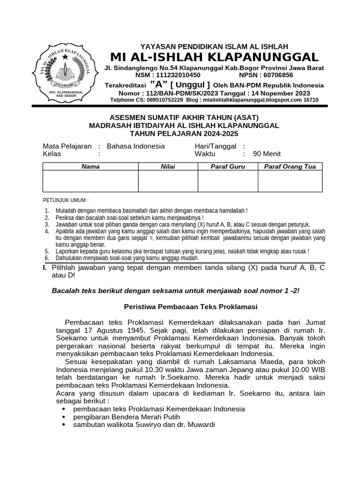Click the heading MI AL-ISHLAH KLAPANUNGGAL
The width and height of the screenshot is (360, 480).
(x=214, y=57)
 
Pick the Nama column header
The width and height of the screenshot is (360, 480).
(x=90, y=166)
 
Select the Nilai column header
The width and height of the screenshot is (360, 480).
(x=168, y=166)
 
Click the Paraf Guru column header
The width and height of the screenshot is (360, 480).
(x=228, y=166)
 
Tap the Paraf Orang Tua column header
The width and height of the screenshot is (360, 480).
(x=290, y=166)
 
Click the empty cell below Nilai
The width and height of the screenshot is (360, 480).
(x=168, y=181)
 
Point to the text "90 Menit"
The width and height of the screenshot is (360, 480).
(x=267, y=154)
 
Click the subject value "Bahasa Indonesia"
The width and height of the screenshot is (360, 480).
(x=136, y=146)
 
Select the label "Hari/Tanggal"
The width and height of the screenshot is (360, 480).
(x=215, y=146)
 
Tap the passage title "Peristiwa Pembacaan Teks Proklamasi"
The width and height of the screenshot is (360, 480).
(x=190, y=307)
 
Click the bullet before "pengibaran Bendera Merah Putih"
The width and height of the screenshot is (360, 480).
(x=64, y=417)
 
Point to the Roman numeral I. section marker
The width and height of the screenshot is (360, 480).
(x=45, y=267)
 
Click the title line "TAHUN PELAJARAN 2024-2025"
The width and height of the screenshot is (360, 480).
(x=184, y=133)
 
